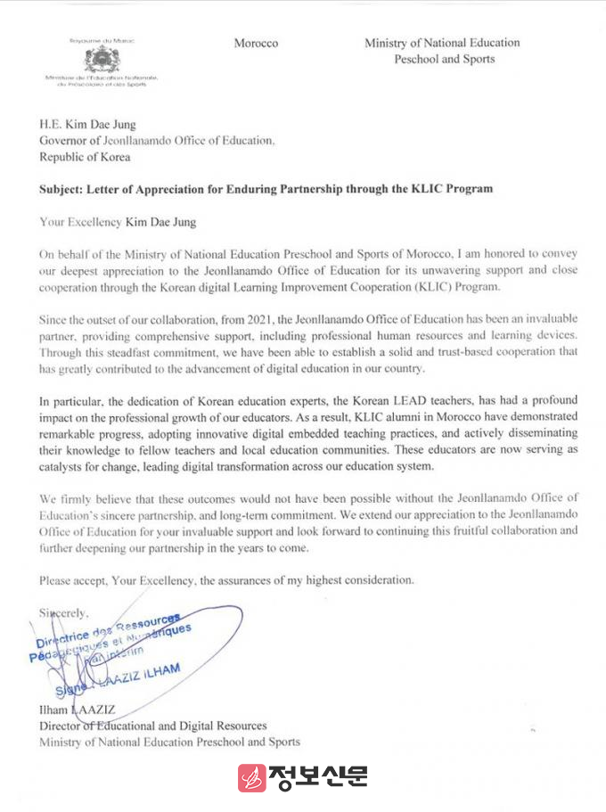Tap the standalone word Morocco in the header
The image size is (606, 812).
[256, 43]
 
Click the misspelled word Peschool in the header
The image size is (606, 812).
[419, 59]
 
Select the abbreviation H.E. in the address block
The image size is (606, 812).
[51, 124]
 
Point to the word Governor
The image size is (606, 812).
[64, 141]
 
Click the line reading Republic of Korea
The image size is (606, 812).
[85, 157]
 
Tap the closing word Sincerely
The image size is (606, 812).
[64, 612]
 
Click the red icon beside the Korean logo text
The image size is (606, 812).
[252, 778]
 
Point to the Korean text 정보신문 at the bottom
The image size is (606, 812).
[319, 778]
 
